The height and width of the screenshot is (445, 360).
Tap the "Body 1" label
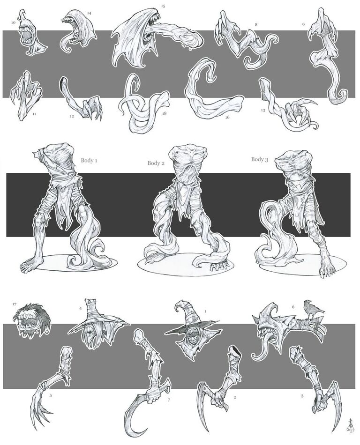[89, 160]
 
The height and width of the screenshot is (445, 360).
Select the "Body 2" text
[156, 163]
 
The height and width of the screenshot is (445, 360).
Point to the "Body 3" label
[260, 159]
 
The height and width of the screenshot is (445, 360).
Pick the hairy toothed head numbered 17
[32, 321]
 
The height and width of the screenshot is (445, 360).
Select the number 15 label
[163, 6]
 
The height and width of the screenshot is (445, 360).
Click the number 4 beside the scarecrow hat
[80, 309]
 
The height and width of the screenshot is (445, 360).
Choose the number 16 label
[227, 117]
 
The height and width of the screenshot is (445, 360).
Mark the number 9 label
[303, 25]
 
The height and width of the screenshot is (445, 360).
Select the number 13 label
[263, 110]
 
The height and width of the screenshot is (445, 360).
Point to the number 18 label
[164, 113]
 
